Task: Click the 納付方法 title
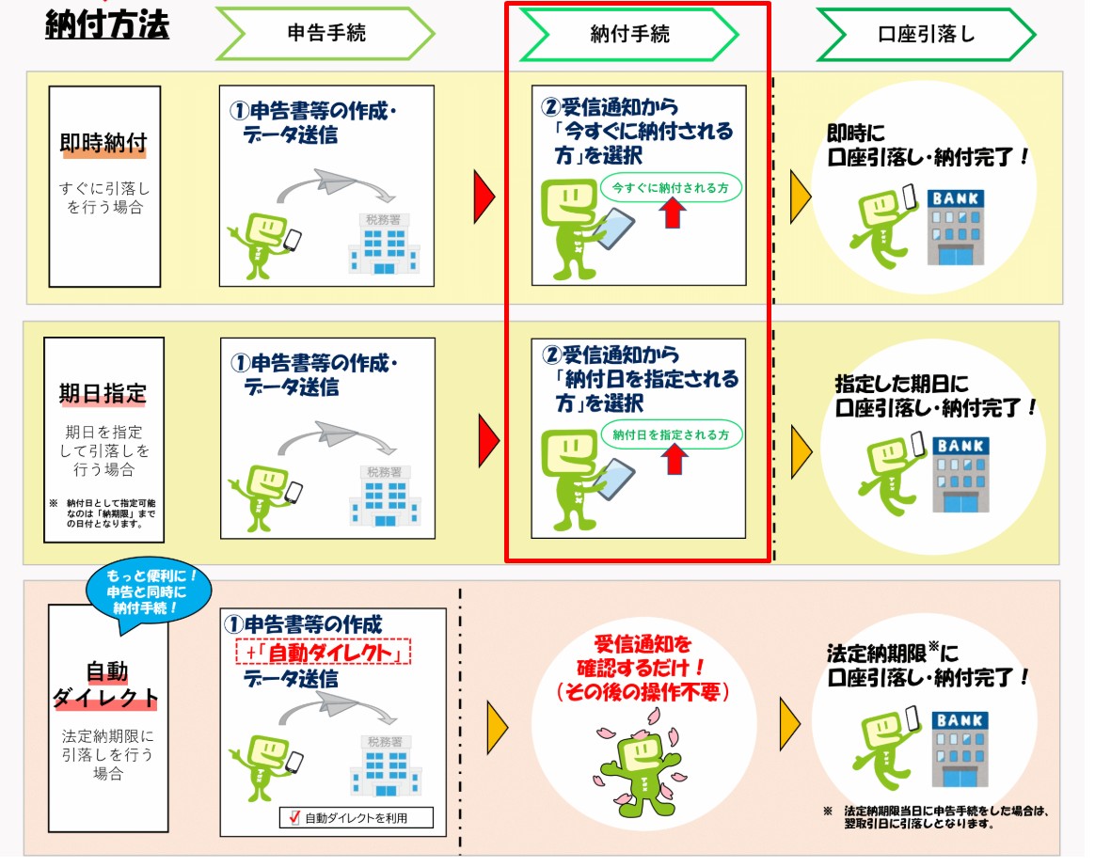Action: coord(107,24)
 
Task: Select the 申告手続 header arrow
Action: coord(325,33)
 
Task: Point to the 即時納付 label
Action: coord(103,144)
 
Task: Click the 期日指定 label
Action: coord(103,392)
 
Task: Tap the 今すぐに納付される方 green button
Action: coord(671,187)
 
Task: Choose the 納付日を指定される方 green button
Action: coord(671,435)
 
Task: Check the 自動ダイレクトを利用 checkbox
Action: coord(294,818)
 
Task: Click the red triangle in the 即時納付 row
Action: coord(484,194)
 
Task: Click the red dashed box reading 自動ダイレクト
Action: coord(324,651)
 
